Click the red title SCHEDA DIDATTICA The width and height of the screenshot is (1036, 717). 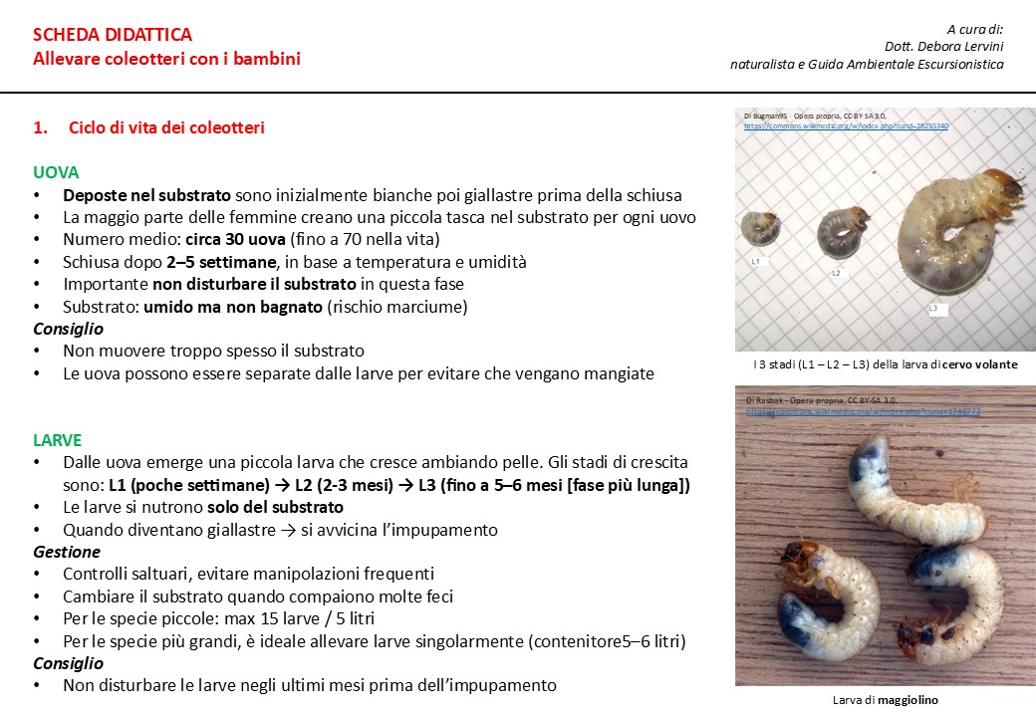113,36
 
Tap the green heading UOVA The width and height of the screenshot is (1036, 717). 55,172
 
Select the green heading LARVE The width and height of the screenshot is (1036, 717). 57,440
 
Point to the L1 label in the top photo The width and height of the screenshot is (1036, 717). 756,261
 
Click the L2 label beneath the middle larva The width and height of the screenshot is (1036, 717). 836,272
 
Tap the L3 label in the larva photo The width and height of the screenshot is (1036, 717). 933,309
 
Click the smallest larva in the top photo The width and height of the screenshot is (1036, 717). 760,230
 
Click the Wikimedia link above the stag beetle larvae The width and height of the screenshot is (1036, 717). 846,126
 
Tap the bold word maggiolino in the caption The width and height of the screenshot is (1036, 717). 907,700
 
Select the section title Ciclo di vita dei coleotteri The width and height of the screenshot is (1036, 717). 166,128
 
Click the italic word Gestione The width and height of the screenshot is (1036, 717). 67,552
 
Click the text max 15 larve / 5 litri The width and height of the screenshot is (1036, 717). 295,618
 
